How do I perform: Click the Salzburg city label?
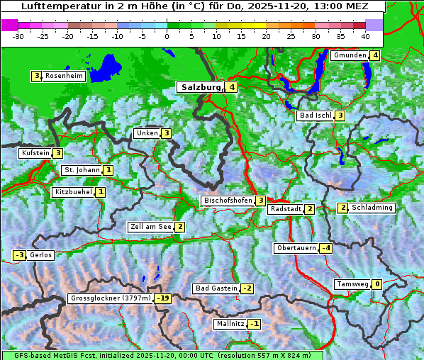(201, 87)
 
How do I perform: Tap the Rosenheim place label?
(64, 76)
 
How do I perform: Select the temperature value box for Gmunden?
(375, 55)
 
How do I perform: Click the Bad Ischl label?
(315, 116)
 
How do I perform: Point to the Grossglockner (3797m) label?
(111, 298)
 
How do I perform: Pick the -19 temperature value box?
(164, 298)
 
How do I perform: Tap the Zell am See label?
(150, 227)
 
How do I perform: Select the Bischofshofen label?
(228, 201)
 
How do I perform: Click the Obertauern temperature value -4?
(325, 248)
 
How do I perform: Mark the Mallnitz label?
(230, 324)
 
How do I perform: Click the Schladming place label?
(372, 208)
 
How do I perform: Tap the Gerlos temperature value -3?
(19, 255)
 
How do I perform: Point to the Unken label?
(147, 133)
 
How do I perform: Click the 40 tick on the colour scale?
(365, 35)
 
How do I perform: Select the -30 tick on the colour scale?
(18, 35)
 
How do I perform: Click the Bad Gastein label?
(216, 288)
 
